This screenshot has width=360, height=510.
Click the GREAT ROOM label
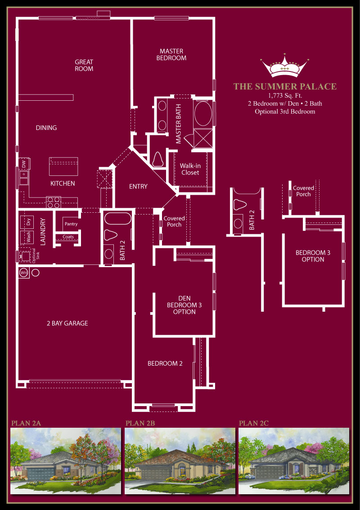(x=84, y=65)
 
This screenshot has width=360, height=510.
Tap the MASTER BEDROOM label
(x=171, y=55)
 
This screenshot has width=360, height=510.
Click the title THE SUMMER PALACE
(x=285, y=86)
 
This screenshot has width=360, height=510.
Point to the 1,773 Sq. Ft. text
(x=285, y=96)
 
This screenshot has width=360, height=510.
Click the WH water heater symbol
(x=24, y=273)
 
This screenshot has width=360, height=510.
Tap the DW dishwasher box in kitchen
(x=24, y=164)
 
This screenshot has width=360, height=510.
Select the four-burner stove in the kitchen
(x=54, y=202)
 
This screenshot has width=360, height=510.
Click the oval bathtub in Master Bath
(x=203, y=113)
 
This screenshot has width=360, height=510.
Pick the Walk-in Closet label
(x=190, y=169)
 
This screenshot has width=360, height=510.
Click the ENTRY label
(x=138, y=186)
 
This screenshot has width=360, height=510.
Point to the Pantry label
(x=71, y=224)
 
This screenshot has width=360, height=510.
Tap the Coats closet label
(x=68, y=237)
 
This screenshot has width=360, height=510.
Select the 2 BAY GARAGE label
(x=67, y=323)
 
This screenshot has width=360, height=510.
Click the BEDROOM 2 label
(x=165, y=363)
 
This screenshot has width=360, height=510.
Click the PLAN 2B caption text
(x=140, y=423)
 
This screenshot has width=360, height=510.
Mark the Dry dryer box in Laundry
(x=27, y=222)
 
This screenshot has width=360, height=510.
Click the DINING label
(x=46, y=128)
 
